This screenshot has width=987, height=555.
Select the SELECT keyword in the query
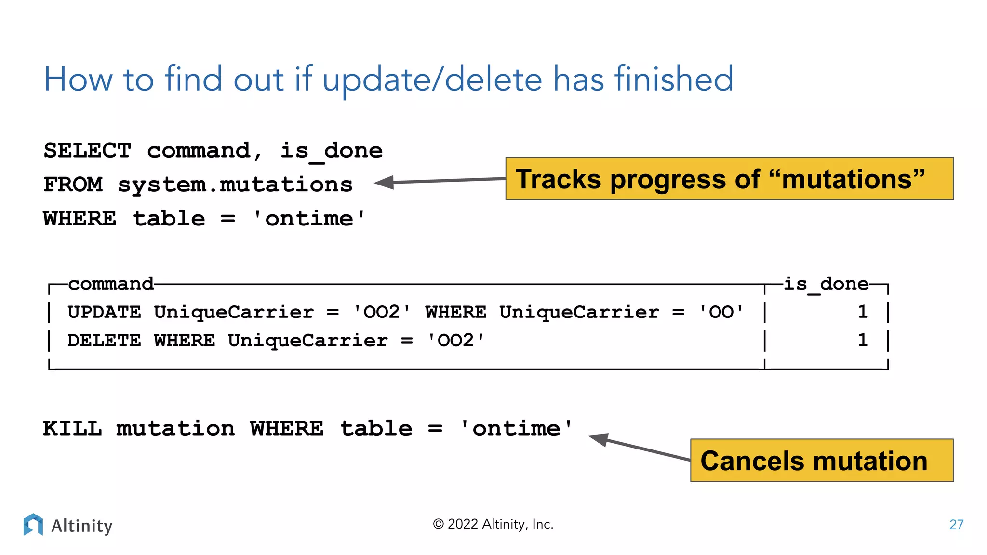click(87, 151)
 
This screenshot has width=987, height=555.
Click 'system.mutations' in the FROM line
click(235, 185)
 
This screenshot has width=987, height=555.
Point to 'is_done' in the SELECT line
click(332, 151)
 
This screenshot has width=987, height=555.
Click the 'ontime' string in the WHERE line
click(309, 219)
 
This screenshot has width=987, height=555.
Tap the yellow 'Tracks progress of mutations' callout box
click(729, 179)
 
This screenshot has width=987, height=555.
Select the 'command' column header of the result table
click(111, 284)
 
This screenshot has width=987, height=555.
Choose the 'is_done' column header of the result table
click(826, 284)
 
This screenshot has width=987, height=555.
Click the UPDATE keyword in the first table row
click(104, 312)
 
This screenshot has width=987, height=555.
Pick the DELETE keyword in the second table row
click(104, 341)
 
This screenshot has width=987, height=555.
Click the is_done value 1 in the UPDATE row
click(863, 312)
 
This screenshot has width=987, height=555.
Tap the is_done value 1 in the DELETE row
click(863, 341)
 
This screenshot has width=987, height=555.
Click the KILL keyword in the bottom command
click(72, 428)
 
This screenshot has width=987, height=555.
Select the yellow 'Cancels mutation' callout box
click(821, 460)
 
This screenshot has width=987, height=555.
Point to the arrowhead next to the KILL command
click(599, 438)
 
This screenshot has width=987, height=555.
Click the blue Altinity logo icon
click(33, 524)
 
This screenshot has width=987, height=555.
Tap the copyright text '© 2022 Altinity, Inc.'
click(493, 524)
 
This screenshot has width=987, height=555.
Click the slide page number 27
click(956, 525)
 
